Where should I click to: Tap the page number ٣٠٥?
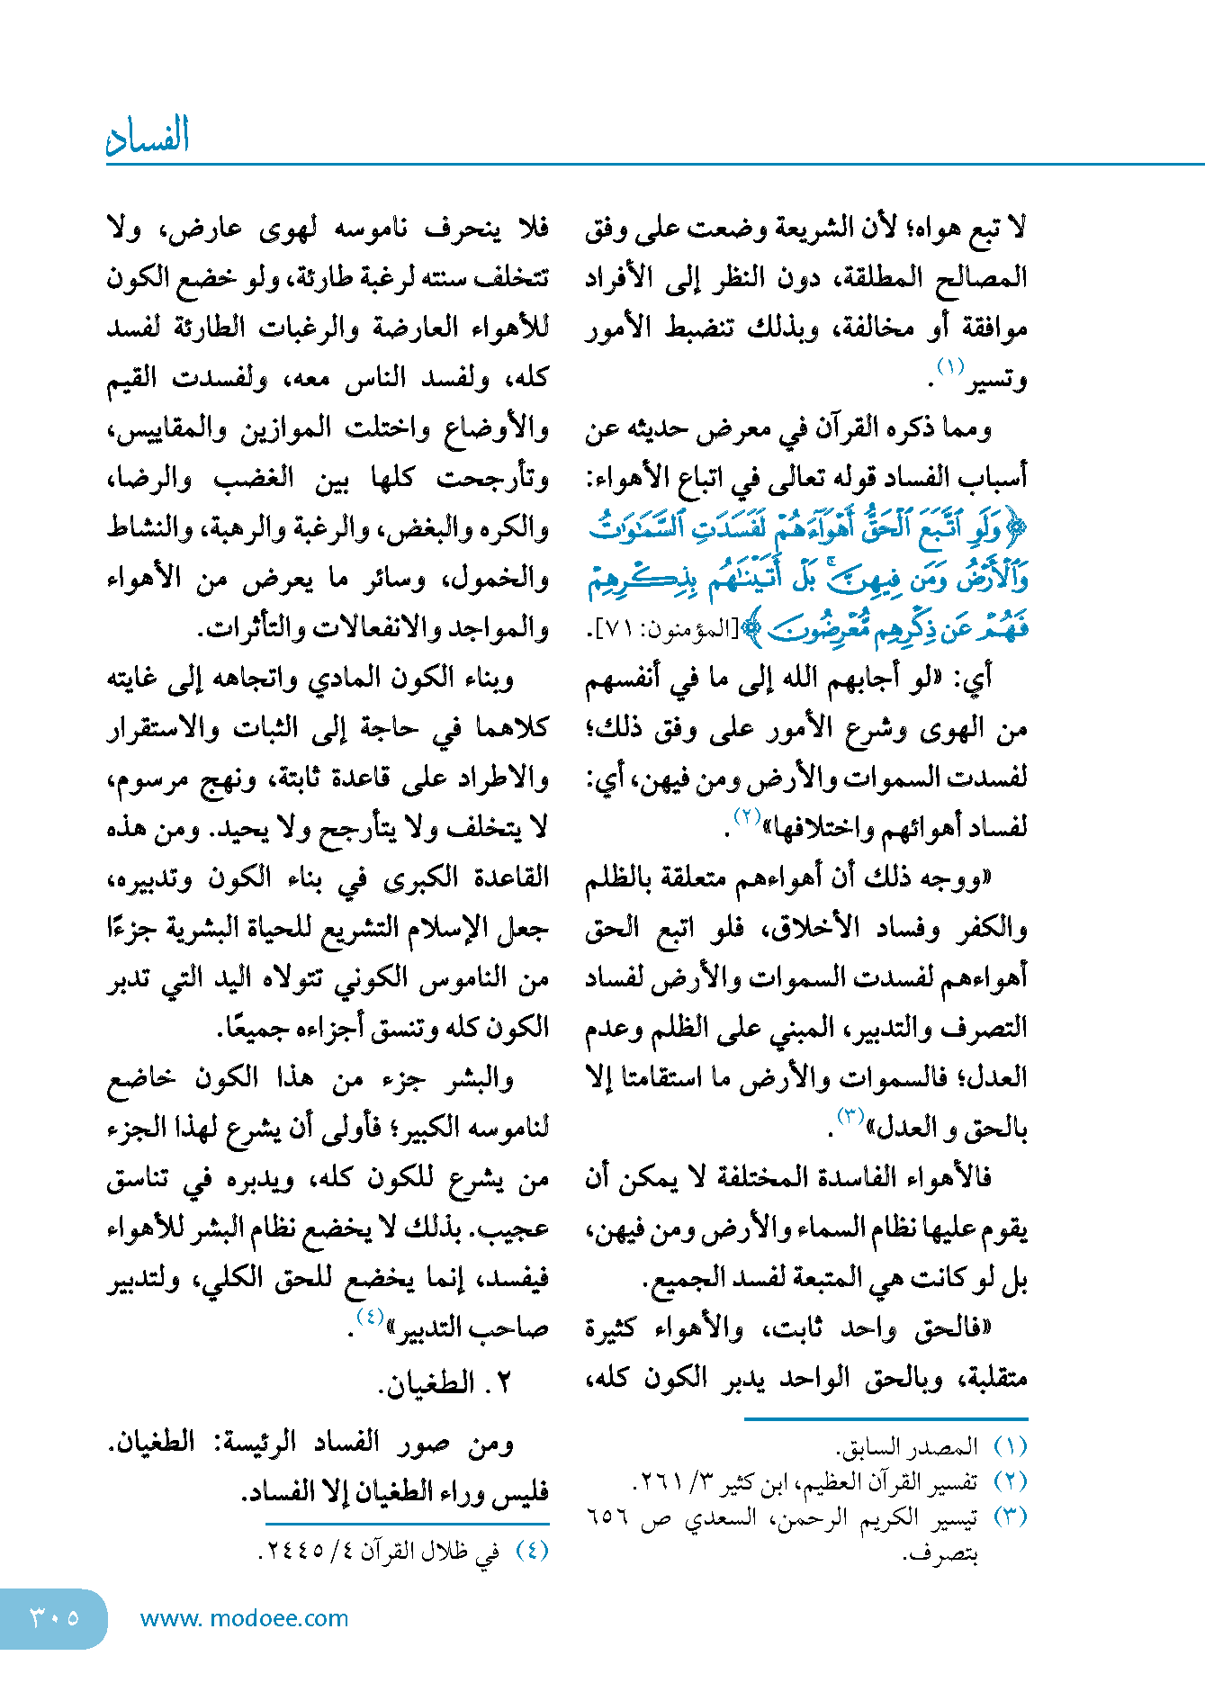(x=55, y=1617)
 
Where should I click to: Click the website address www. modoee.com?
(x=244, y=1618)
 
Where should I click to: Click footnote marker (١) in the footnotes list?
(x=1010, y=1447)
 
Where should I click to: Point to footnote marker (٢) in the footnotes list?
(x=1010, y=1481)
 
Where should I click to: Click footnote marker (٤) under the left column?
(x=531, y=1551)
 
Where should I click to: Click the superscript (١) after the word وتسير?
(x=950, y=366)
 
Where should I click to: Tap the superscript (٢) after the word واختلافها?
(x=748, y=816)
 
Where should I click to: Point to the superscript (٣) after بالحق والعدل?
(x=850, y=1116)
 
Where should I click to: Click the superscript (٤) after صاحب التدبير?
(x=370, y=1317)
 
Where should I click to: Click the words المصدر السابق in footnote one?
(x=907, y=1447)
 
